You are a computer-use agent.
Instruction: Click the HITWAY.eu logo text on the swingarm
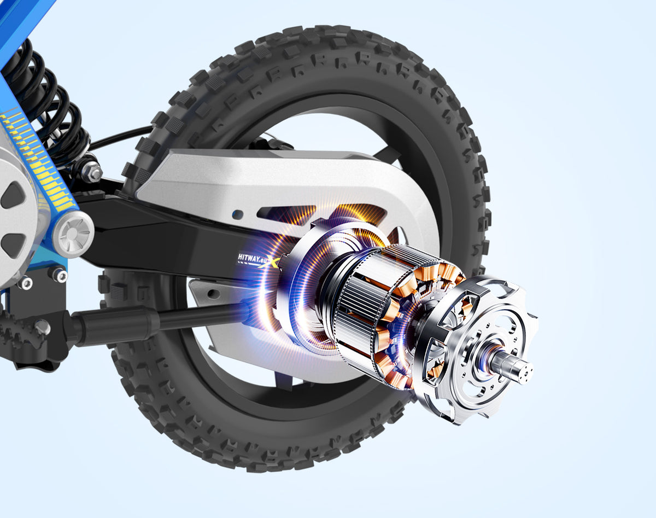click(x=250, y=259)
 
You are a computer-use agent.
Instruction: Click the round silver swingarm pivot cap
click(x=73, y=234)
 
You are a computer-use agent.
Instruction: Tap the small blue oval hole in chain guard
click(x=237, y=214)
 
